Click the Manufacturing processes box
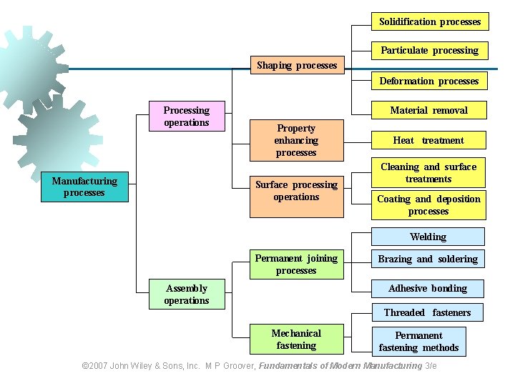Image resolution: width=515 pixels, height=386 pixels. (84, 187)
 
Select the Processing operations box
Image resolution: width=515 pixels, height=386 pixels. (187, 117)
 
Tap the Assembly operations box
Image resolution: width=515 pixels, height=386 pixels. (187, 295)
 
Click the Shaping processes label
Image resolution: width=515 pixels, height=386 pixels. (296, 65)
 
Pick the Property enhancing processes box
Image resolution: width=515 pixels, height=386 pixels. (296, 140)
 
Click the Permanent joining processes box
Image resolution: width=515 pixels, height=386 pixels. (296, 264)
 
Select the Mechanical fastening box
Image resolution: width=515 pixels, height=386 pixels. (296, 340)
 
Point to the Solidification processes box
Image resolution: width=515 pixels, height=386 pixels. (430, 22)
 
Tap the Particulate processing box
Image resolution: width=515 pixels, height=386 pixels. (429, 51)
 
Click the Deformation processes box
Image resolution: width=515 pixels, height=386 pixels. (429, 81)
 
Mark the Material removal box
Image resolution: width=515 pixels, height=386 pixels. (429, 110)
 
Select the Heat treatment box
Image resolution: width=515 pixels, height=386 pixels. (428, 140)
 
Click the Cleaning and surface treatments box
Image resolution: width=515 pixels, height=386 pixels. (428, 173)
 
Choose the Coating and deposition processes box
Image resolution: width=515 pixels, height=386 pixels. (428, 205)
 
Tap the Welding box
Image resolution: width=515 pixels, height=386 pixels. (428, 237)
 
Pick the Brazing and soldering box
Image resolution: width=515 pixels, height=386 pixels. (428, 259)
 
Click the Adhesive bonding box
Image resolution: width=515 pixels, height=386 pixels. (428, 288)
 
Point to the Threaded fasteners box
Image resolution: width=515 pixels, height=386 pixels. (427, 312)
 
